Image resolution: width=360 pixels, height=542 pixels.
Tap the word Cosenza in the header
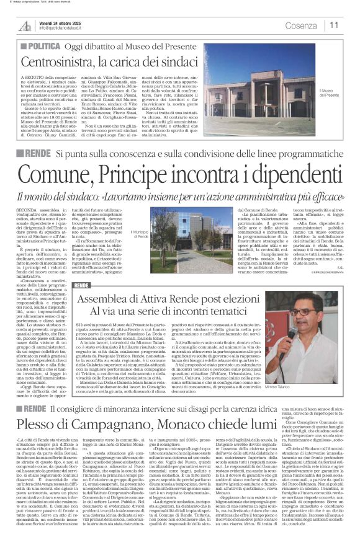click(x=301, y=25)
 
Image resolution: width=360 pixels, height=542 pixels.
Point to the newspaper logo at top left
click(x=25, y=25)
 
